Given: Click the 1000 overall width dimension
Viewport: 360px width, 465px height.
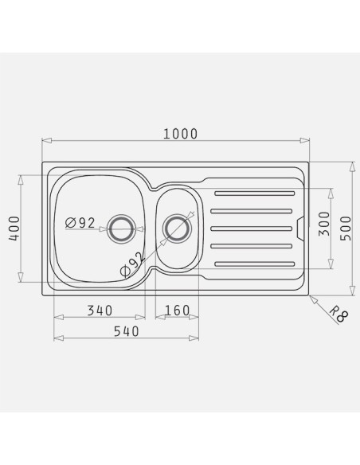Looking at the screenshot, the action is (x=180, y=134).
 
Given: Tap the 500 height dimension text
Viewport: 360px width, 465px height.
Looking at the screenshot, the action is (x=346, y=228).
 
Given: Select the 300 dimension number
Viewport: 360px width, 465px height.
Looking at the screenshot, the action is (x=324, y=224).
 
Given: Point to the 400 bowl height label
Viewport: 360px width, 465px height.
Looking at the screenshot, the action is (x=14, y=229).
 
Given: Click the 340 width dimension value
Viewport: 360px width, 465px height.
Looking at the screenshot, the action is (x=100, y=311).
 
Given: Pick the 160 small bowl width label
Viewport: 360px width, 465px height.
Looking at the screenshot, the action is (x=177, y=311).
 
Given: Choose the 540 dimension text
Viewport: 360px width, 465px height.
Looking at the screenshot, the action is (x=127, y=331).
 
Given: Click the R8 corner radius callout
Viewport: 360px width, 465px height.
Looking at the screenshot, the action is (x=339, y=315).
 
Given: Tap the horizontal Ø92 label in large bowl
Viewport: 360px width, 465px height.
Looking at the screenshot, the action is (x=80, y=223).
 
